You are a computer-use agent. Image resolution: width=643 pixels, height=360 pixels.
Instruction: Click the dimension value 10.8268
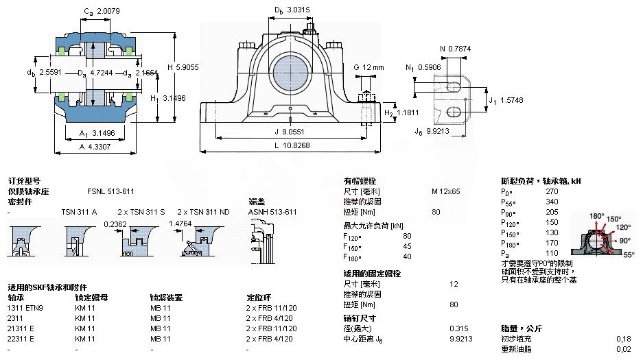coord(303,145)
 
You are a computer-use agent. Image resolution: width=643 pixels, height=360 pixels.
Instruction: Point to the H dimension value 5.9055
coord(167,67)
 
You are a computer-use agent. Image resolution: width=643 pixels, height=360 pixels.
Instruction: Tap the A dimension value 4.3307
coord(101,145)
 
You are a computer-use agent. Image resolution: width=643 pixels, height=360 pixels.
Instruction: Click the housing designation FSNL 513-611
coord(110,191)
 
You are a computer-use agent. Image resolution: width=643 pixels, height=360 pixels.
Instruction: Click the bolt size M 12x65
coord(445,191)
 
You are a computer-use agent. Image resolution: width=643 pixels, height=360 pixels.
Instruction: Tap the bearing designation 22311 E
coord(21,339)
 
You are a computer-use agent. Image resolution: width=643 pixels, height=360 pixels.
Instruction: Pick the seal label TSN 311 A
coord(79,212)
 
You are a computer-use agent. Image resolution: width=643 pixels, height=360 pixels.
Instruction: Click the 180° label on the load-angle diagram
coord(597,216)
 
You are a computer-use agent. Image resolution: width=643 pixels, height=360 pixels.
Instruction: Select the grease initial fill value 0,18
coord(623,339)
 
